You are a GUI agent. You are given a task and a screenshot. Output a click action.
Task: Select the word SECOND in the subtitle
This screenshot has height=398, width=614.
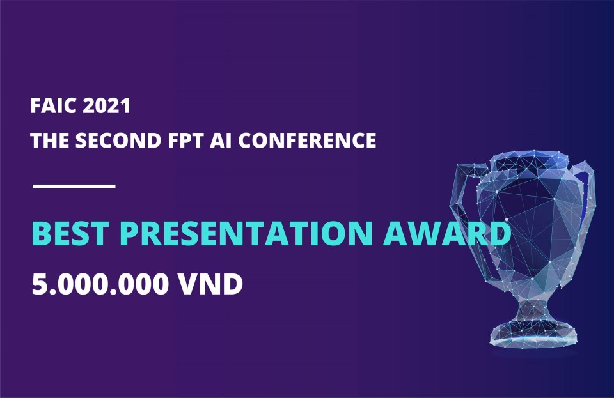[x=118, y=141]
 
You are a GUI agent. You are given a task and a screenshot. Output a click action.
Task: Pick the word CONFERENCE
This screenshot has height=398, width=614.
[x=308, y=141]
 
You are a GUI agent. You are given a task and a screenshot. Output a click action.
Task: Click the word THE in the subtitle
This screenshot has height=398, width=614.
[x=50, y=141]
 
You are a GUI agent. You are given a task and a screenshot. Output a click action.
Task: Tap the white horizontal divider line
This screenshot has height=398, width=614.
[x=74, y=187]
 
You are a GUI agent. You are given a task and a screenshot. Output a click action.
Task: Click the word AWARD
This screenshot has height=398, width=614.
[x=447, y=233]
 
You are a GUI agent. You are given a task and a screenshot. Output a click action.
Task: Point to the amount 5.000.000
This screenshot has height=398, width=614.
[x=100, y=284]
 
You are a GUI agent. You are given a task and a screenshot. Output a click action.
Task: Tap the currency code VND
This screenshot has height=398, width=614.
[x=210, y=284]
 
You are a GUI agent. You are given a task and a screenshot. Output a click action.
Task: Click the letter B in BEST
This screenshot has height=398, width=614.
[x=42, y=233]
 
